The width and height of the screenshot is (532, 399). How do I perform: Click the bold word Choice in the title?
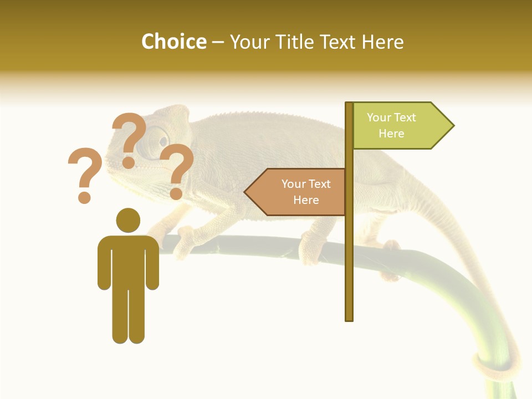click(x=173, y=42)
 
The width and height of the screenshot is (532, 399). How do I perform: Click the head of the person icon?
click(x=128, y=220)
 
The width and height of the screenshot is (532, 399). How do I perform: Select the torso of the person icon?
click(x=128, y=260)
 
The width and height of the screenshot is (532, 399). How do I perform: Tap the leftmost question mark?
click(x=84, y=169)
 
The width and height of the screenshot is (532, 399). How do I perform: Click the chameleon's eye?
click(x=158, y=137)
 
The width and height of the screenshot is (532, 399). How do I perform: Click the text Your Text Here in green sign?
click(x=391, y=125)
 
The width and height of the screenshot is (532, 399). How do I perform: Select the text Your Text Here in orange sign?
click(x=306, y=192)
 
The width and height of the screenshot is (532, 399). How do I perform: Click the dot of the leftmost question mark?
click(x=84, y=197)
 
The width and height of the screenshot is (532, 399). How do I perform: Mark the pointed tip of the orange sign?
click(x=246, y=192)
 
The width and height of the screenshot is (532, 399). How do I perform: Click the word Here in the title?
click(x=382, y=42)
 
